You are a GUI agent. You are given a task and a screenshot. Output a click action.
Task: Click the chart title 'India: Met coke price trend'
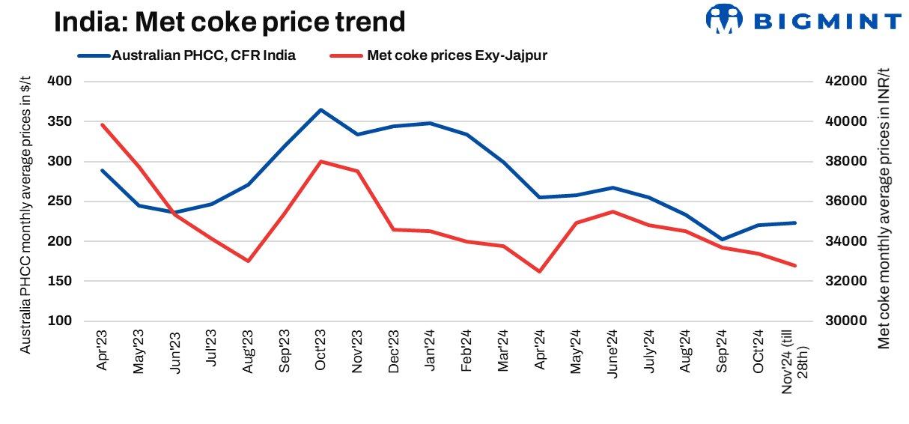(229, 22)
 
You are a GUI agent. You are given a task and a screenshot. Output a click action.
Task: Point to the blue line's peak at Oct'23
(321, 110)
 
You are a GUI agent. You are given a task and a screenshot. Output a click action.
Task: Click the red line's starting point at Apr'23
(102, 124)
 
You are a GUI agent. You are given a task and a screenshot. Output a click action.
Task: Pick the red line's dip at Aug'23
(248, 261)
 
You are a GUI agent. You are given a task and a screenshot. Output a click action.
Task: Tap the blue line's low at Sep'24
(723, 240)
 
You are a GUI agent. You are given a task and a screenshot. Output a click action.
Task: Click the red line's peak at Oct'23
(321, 161)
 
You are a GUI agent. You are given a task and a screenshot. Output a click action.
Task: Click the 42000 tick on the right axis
(845, 81)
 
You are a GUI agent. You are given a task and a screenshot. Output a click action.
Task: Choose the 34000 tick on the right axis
(845, 241)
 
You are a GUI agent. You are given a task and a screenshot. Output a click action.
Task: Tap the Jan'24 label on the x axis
(430, 351)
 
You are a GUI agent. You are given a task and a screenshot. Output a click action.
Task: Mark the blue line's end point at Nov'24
(794, 222)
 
